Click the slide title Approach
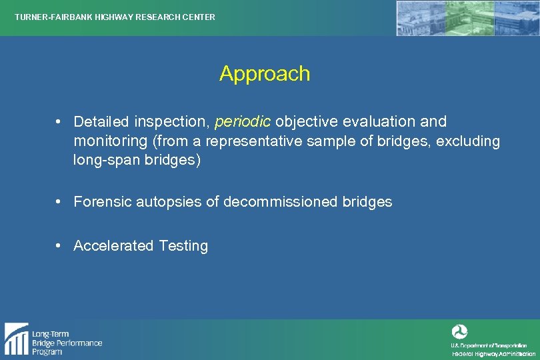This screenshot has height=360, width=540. pyautogui.click(x=265, y=73)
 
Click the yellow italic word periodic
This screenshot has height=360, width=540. pyautogui.click(x=243, y=122)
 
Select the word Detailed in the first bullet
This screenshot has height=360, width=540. pyautogui.click(x=101, y=122)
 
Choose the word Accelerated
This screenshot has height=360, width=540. pyautogui.click(x=113, y=246)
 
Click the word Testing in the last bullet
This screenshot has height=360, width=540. pyautogui.click(x=183, y=246)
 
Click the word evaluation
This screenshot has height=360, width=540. pyautogui.click(x=379, y=122)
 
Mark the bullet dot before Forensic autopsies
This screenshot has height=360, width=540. pyautogui.click(x=59, y=201)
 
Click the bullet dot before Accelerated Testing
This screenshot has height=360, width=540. pyautogui.click(x=59, y=245)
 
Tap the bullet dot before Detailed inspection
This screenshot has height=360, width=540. pyautogui.click(x=59, y=121)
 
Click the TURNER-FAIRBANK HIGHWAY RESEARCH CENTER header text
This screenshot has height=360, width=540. pyautogui.click(x=115, y=17)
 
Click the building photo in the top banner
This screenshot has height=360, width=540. pyautogui.click(x=467, y=18)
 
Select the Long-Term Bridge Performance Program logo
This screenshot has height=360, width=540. pyautogui.click(x=53, y=339)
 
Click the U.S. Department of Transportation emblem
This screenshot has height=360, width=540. pyautogui.click(x=460, y=331)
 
